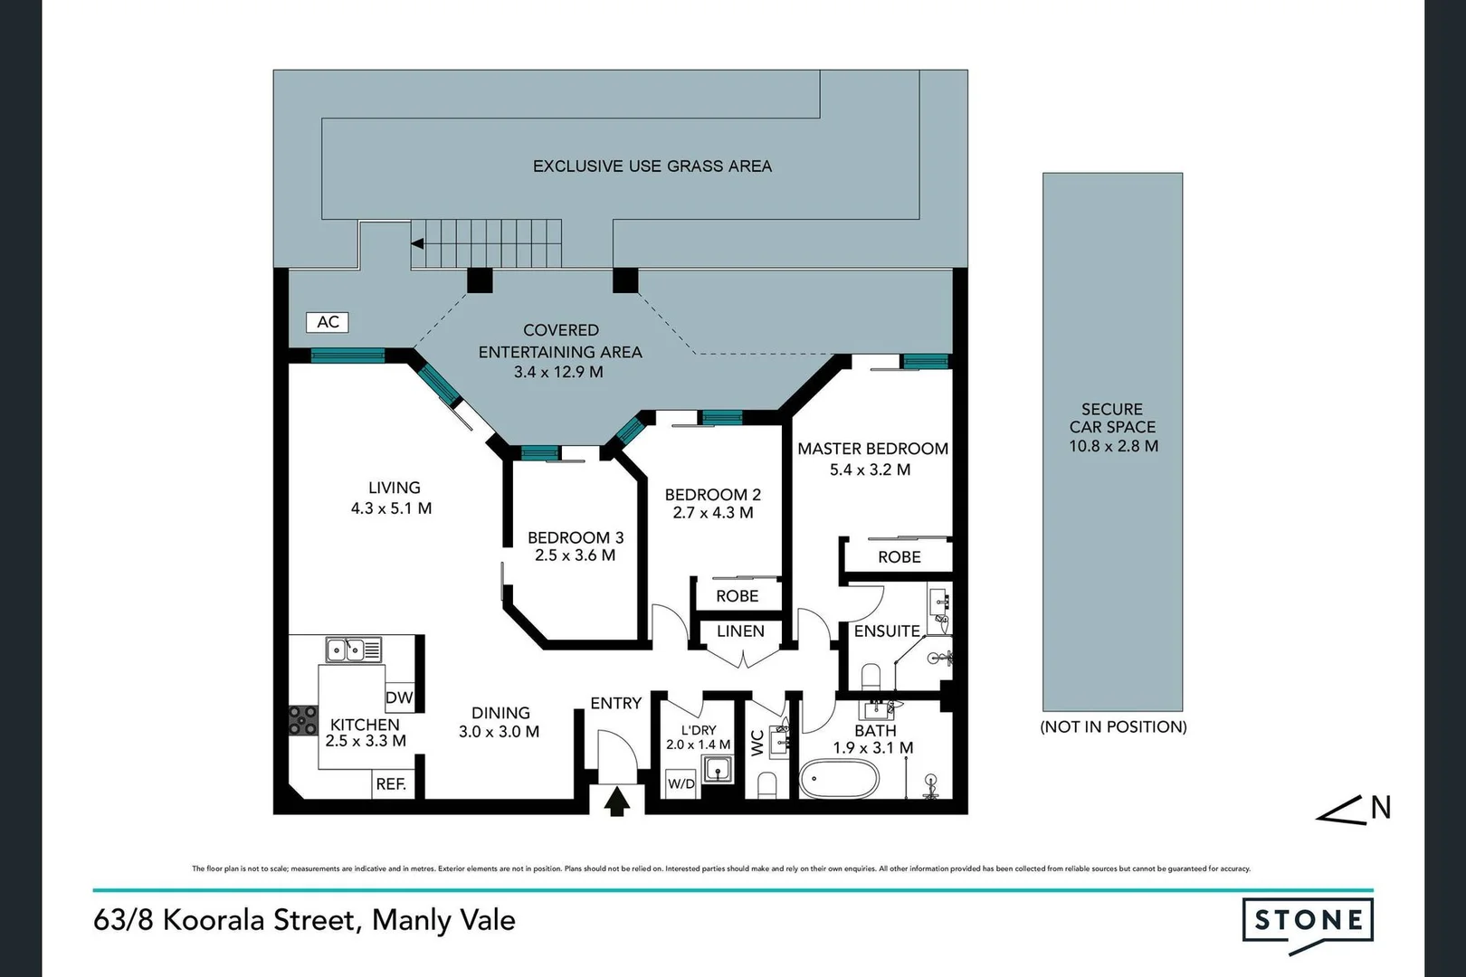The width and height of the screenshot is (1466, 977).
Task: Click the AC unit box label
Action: pyautogui.click(x=328, y=322)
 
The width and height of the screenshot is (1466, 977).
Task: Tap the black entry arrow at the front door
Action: pyautogui.click(x=617, y=802)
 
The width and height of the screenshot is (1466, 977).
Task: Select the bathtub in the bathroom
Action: pyautogui.click(x=839, y=778)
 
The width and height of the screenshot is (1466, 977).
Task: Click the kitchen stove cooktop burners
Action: pyautogui.click(x=303, y=720)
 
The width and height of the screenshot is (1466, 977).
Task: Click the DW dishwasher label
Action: pyautogui.click(x=399, y=697)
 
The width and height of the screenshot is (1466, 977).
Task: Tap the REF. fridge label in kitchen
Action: pyautogui.click(x=391, y=784)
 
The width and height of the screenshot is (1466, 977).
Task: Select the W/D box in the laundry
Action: pyautogui.click(x=681, y=783)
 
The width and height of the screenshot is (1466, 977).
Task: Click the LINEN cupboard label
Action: pyautogui.click(x=740, y=631)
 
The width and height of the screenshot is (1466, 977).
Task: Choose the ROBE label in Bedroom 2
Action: pyautogui.click(x=737, y=596)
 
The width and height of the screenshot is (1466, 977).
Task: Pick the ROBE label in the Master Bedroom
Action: pyautogui.click(x=899, y=557)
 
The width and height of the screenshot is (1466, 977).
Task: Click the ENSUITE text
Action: pyautogui.click(x=886, y=631)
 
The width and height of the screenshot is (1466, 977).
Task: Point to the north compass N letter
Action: pyautogui.click(x=1380, y=808)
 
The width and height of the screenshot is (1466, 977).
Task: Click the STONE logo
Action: pyautogui.click(x=1308, y=921)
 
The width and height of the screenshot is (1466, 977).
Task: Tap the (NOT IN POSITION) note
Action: pyautogui.click(x=1113, y=726)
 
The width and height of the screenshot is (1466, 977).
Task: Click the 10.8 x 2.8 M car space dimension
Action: pyautogui.click(x=1113, y=446)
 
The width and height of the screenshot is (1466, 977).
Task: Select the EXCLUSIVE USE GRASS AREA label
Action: pyautogui.click(x=652, y=166)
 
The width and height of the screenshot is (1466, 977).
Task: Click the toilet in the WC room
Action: pyautogui.click(x=766, y=784)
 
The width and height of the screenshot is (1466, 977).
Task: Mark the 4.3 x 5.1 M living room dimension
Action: pyautogui.click(x=391, y=508)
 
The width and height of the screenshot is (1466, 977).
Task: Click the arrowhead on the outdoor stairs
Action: pyautogui.click(x=417, y=243)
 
